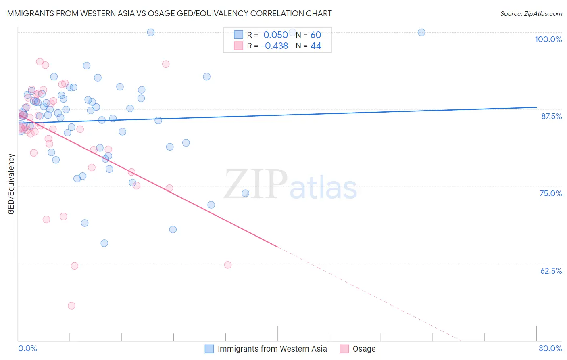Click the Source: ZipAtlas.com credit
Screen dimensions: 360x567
(531, 13)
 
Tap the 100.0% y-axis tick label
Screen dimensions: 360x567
(548, 39)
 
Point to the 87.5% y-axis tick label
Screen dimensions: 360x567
(551, 116)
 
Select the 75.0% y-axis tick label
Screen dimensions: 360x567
(550, 193)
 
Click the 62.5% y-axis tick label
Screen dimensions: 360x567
(551, 271)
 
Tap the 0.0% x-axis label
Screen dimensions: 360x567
(27, 348)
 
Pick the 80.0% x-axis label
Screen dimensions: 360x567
(550, 348)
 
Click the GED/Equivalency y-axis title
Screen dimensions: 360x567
(11, 184)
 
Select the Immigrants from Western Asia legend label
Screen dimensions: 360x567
(272, 349)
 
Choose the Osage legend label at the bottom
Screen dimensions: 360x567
(364, 349)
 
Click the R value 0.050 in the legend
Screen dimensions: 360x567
(275, 35)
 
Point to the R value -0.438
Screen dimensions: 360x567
(274, 46)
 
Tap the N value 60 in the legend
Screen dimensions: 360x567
(316, 35)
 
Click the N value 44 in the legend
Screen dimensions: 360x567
(316, 46)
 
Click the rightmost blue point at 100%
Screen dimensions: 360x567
(421, 32)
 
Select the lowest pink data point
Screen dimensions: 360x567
(71, 306)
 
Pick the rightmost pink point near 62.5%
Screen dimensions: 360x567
(228, 265)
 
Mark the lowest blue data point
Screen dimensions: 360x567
(104, 243)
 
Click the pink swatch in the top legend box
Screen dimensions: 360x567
(239, 46)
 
